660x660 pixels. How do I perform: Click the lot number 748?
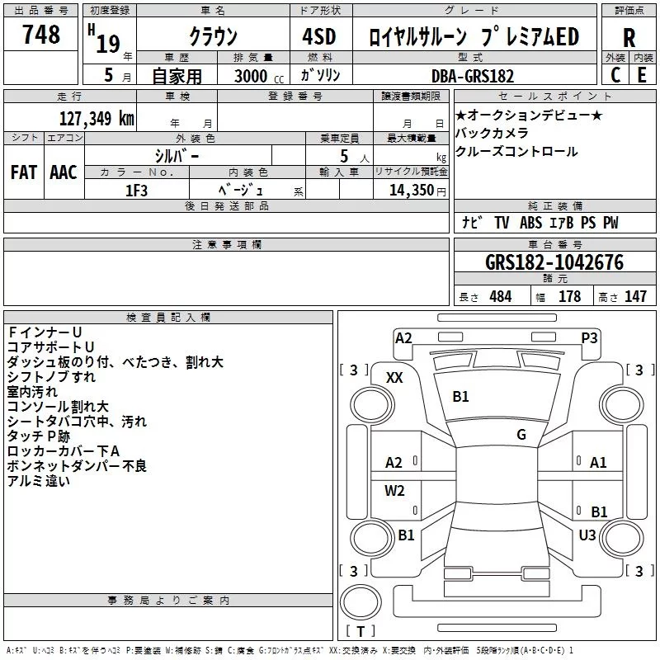[41, 35]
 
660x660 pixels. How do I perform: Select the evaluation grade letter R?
[629, 38]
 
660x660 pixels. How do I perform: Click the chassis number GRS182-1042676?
[554, 263]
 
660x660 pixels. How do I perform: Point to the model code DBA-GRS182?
[473, 75]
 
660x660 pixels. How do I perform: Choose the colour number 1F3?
[135, 190]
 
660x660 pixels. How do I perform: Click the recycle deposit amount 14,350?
[406, 190]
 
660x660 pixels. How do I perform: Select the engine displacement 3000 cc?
[252, 75]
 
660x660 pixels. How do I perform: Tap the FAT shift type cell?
[23, 172]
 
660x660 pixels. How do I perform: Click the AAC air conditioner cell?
[63, 172]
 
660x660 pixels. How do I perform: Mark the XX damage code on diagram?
[394, 377]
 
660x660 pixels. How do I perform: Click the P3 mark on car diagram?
[589, 337]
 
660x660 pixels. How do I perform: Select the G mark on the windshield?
[521, 435]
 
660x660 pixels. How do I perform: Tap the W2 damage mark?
[394, 491]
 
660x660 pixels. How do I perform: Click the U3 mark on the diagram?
[587, 535]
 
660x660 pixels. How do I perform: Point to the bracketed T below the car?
[361, 631]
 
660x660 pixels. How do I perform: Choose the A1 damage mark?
[598, 463]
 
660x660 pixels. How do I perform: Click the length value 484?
[499, 297]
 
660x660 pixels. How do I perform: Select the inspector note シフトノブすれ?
[51, 376]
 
